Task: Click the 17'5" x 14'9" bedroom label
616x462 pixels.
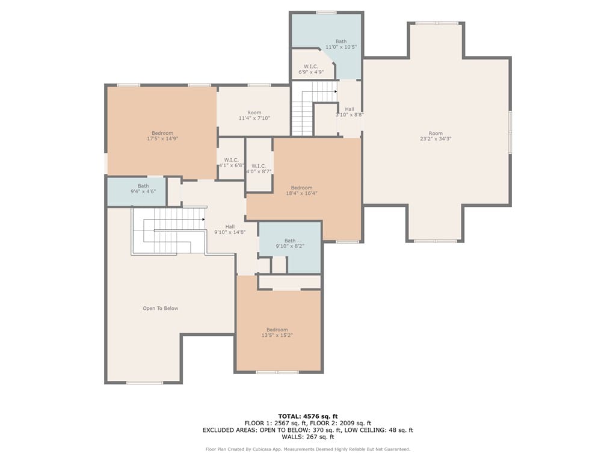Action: coord(162,136)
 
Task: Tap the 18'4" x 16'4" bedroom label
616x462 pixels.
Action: coord(301,191)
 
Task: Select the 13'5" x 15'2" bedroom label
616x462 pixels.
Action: coord(277,332)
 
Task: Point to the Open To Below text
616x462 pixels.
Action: coord(160,309)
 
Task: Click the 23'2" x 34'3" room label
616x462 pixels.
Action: coord(436,136)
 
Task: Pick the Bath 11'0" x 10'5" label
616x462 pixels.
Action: coord(341,44)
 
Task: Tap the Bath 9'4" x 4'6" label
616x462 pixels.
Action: coord(143,188)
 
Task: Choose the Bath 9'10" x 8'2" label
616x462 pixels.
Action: coord(290,243)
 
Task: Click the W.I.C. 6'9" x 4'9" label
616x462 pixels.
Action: coord(311,69)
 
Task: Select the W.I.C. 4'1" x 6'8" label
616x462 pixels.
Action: coord(232,162)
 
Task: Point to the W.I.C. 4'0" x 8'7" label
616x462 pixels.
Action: coord(259,168)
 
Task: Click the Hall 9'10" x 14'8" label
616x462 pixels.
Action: coord(230,229)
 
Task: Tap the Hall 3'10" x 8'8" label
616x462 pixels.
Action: coord(350,112)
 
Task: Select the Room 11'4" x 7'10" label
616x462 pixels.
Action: coord(254,115)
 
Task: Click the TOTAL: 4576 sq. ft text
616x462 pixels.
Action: coord(308,416)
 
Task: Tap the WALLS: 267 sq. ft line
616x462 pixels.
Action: coord(308,437)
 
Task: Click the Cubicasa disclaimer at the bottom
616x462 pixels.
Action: coord(308,449)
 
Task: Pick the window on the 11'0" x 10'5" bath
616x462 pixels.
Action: coord(326,13)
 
